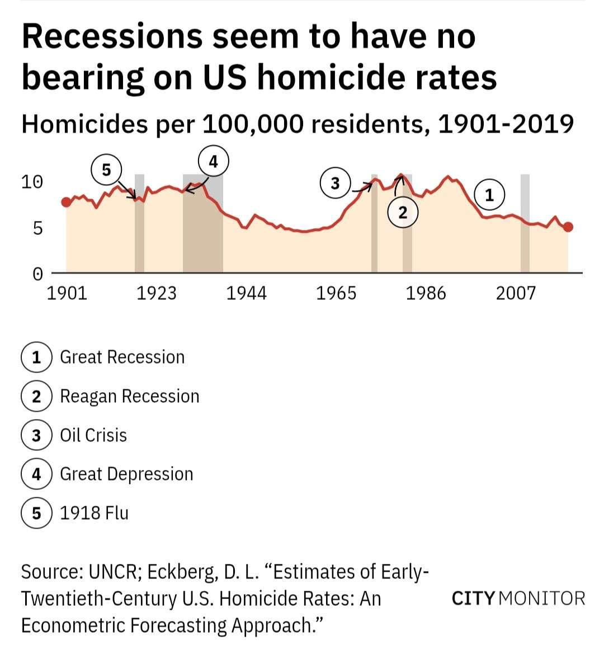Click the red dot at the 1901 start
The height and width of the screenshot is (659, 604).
point(66,202)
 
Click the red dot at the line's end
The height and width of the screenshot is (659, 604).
point(568,227)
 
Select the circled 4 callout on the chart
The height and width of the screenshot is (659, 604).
point(213,161)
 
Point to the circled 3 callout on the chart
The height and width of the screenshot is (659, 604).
point(335,183)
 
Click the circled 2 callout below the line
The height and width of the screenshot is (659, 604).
point(403,213)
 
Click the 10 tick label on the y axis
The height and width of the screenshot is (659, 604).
point(32,182)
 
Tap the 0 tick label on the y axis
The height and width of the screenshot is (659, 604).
point(37,274)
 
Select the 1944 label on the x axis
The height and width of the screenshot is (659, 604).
point(246,293)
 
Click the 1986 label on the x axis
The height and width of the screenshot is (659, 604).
point(426,293)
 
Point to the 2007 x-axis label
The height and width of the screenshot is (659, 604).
point(516,293)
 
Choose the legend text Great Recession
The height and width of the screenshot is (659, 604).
point(122,357)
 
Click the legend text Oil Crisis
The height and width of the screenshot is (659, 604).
point(93,435)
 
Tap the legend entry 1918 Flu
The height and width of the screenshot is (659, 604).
point(94,513)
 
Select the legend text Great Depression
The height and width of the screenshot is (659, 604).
point(126,474)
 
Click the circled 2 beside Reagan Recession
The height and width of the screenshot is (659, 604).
point(36,396)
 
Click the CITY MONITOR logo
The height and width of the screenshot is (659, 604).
point(518,598)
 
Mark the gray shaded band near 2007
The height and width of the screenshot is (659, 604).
point(525,224)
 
